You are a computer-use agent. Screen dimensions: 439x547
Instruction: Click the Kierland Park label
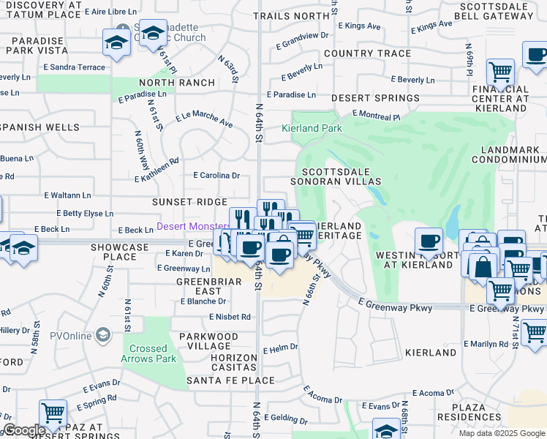point(312,128)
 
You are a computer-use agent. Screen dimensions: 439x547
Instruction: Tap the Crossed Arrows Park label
point(148,353)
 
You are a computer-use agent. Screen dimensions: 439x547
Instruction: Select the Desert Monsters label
point(192,228)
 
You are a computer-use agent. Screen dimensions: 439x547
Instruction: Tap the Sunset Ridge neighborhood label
point(189,201)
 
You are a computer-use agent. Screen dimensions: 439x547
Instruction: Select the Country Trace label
point(367,53)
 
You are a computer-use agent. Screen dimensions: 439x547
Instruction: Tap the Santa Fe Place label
point(230,380)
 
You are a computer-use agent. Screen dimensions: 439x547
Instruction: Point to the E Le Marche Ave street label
point(204,119)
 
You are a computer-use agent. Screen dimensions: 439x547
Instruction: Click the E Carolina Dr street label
point(216,176)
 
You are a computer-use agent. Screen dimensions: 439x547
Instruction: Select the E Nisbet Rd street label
point(230,317)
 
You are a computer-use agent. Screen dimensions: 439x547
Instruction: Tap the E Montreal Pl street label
point(376,116)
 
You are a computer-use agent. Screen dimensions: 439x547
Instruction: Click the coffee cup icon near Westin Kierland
point(429,240)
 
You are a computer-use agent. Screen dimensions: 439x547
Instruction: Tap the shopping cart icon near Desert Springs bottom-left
point(53,413)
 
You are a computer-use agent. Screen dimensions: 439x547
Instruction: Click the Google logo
point(25,430)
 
